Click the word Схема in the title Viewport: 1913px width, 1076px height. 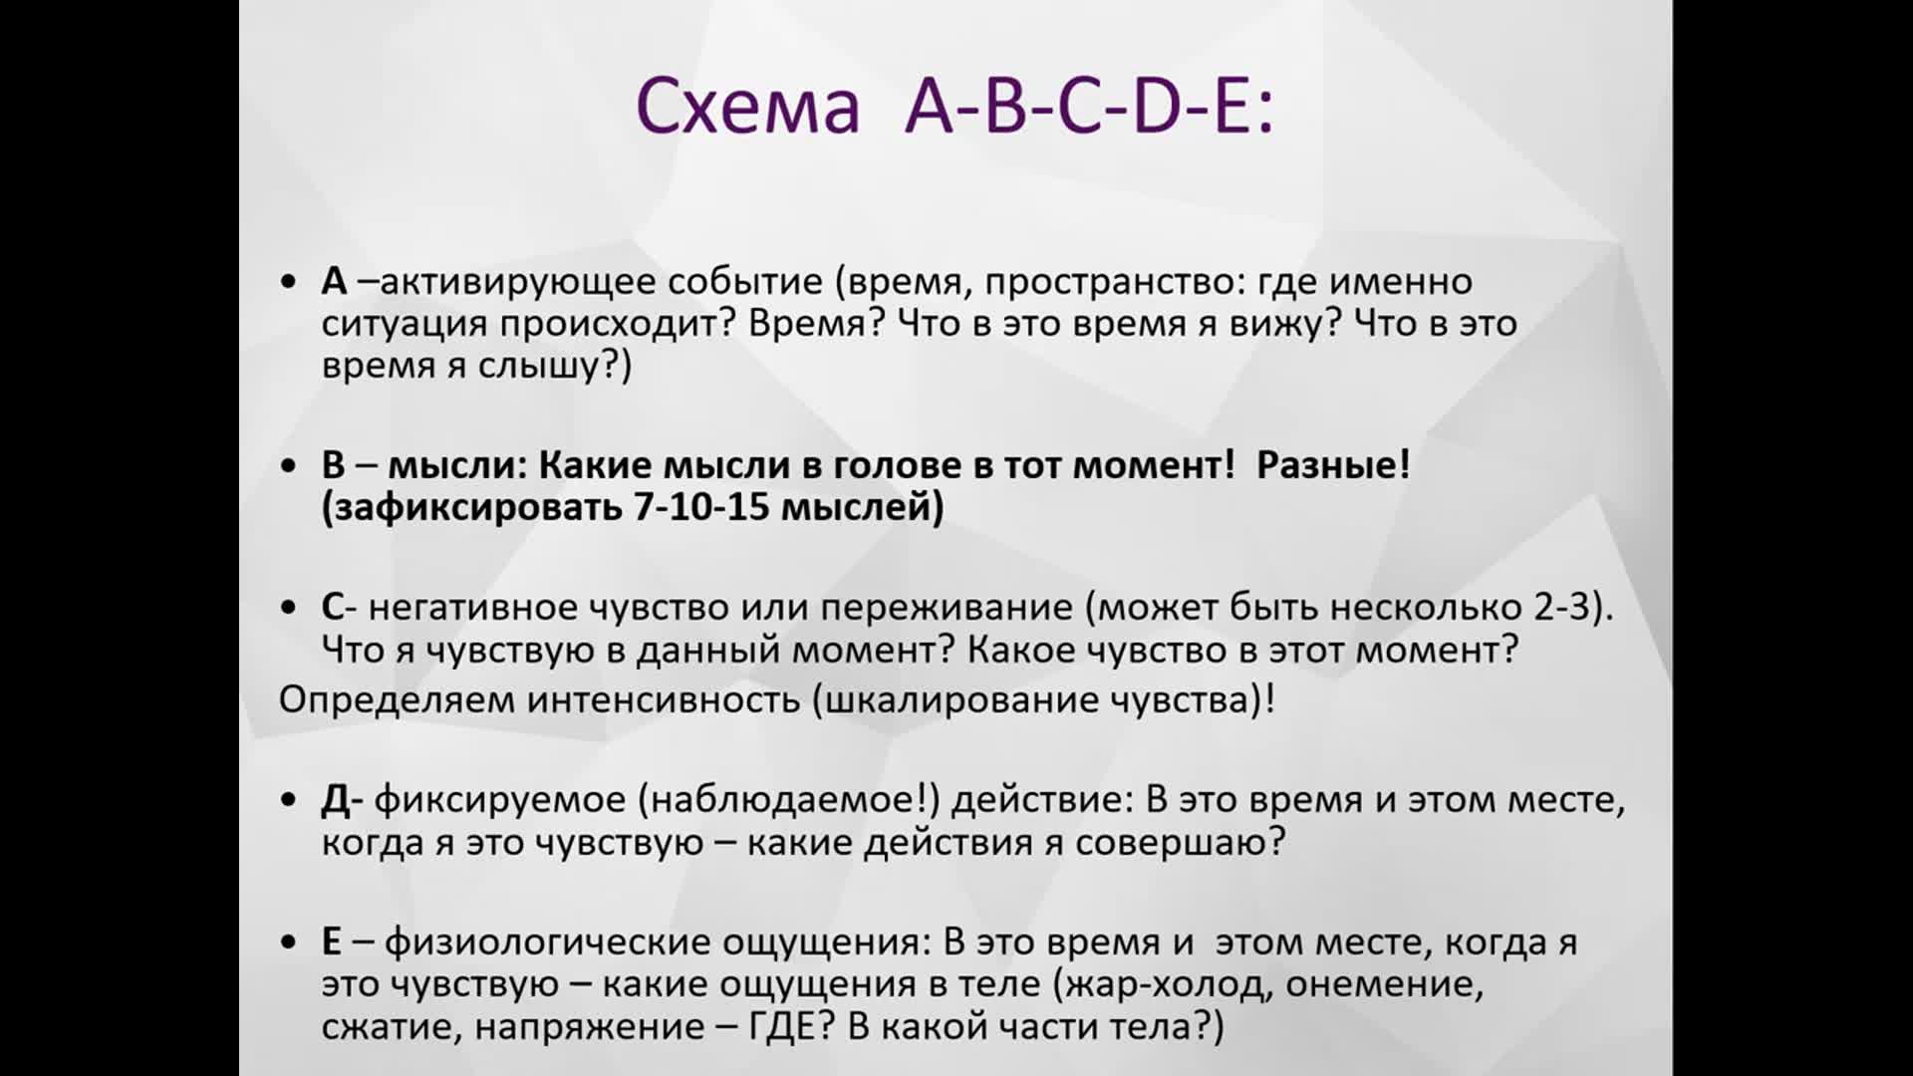tap(747, 107)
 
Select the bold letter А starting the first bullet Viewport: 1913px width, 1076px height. tap(334, 282)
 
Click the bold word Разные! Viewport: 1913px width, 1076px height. tap(1333, 465)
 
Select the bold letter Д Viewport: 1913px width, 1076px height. tap(336, 800)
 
